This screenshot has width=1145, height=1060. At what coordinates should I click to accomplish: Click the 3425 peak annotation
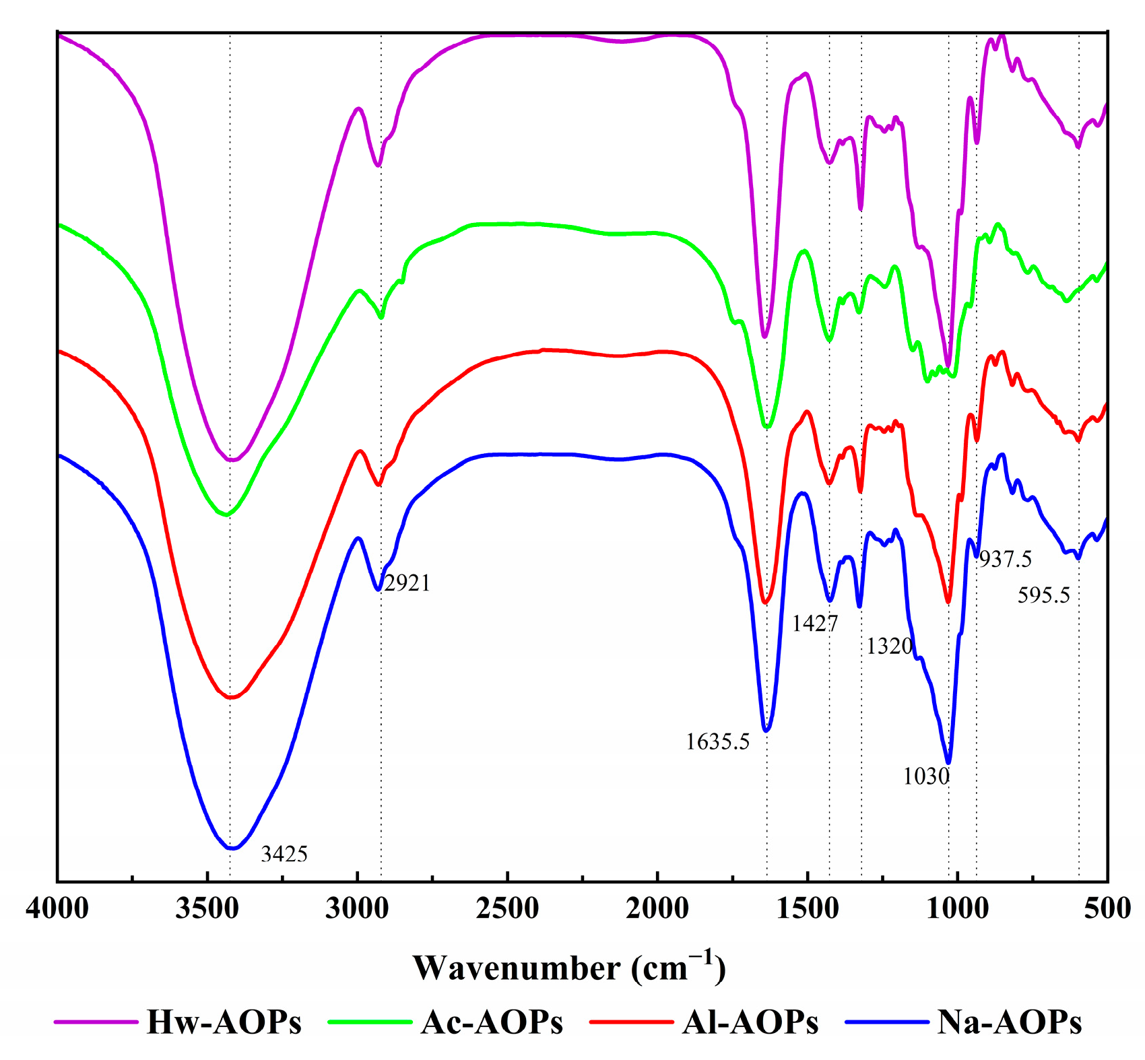pos(284,855)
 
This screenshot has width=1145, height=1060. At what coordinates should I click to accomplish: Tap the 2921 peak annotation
pos(407,583)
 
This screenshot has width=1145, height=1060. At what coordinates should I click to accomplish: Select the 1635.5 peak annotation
pos(717,742)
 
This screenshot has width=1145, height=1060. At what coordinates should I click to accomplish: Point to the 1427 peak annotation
pos(814,624)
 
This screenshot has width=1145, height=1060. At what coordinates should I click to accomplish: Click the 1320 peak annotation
pos(889,647)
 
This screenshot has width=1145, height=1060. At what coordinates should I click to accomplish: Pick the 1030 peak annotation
pos(926,776)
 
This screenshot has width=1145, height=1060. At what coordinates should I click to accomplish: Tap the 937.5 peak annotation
pos(1005,559)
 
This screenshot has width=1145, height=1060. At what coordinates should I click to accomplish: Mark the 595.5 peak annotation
pos(1043,595)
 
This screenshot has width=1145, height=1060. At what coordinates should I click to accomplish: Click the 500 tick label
pos(1107,908)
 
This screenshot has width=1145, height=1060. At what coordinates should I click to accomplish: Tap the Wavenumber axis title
pos(569,968)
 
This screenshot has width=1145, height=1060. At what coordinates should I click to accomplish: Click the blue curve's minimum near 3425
pos(231,849)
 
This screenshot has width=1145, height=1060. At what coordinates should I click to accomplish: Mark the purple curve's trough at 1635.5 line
pos(764,336)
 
